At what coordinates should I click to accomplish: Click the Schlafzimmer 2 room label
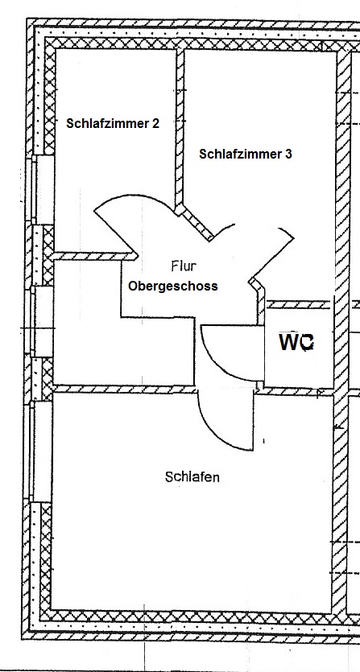pyautogui.click(x=113, y=123)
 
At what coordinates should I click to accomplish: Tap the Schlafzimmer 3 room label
pyautogui.click(x=246, y=154)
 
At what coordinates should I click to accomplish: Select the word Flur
pyautogui.click(x=184, y=266)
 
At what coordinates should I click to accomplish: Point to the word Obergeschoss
pyautogui.click(x=173, y=286)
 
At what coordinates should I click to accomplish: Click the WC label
pyautogui.click(x=296, y=342)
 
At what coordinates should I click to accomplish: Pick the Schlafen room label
pyautogui.click(x=192, y=476)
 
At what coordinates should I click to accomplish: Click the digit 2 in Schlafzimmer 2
pyautogui.click(x=155, y=123)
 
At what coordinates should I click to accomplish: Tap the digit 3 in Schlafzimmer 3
pyautogui.click(x=288, y=154)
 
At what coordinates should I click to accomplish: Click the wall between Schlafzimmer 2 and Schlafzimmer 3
pyautogui.click(x=180, y=129)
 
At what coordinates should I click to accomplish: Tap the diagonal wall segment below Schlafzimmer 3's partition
pyautogui.click(x=195, y=223)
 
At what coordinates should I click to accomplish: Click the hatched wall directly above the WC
pyautogui.click(x=299, y=305)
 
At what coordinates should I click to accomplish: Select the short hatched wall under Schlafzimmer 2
pyautogui.click(x=94, y=256)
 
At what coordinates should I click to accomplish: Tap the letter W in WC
pyautogui.click(x=288, y=342)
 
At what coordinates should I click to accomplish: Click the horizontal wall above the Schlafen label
pyautogui.click(x=125, y=390)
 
